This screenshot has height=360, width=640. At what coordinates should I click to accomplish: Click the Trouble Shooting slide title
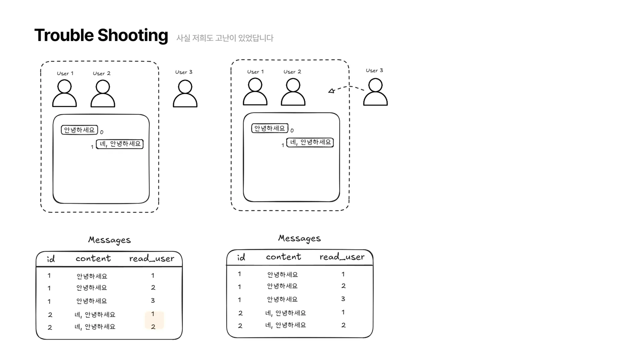101,35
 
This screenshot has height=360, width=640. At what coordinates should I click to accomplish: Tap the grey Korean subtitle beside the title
225,38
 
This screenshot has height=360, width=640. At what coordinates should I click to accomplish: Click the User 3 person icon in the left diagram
185,93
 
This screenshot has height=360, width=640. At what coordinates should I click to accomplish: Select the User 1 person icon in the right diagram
255,92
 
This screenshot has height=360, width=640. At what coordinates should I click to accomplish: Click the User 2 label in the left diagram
101,73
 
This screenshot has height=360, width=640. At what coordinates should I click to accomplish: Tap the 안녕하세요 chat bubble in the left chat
79,130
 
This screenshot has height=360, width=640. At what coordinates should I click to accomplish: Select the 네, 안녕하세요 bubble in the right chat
310,142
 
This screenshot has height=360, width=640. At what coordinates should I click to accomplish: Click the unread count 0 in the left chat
102,132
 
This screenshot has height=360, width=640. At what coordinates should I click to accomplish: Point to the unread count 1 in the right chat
283,145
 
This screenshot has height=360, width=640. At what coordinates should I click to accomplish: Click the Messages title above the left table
109,240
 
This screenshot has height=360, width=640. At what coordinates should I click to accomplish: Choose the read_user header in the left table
151,259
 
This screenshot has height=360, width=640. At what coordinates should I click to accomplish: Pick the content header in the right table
283,257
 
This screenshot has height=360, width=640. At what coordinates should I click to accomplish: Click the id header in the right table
241,257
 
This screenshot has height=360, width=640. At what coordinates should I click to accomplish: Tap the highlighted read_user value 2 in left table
153,327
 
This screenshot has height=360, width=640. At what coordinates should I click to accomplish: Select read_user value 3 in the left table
153,300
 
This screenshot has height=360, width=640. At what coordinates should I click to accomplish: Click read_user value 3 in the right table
343,299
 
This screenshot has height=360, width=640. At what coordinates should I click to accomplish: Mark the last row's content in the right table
285,325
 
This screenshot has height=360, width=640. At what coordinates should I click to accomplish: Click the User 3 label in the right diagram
374,70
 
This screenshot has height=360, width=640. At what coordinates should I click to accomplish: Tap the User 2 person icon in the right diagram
293,92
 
